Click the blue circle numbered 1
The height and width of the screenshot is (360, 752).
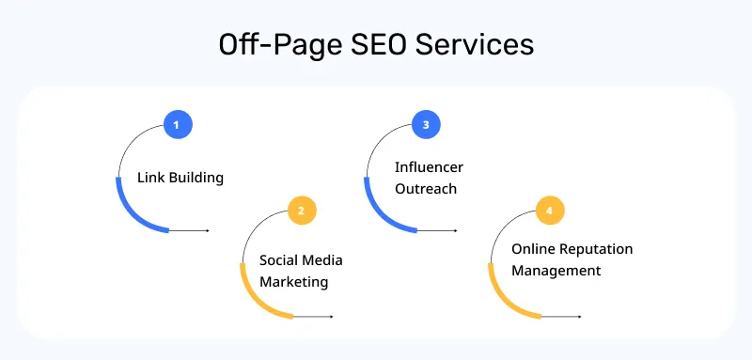[x=177, y=124]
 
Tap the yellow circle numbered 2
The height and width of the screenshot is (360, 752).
[x=301, y=211]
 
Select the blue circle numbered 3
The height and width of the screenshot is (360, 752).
[x=426, y=124]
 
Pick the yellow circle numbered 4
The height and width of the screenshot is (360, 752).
[x=550, y=211]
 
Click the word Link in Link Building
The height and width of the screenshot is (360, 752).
[x=150, y=177]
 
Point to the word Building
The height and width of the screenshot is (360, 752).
[x=196, y=177]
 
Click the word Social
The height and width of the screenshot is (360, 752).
[x=280, y=259]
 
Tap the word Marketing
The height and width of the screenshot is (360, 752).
[x=293, y=281]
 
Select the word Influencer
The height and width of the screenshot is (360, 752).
[x=429, y=166]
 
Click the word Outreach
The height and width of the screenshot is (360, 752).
[x=425, y=188]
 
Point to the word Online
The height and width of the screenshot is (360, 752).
[x=533, y=249]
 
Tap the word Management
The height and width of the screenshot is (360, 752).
[x=556, y=271]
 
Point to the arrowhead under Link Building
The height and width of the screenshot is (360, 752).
[x=207, y=230]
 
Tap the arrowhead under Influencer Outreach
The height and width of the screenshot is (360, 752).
[x=456, y=230]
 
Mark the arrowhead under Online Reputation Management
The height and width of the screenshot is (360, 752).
[x=580, y=317]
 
